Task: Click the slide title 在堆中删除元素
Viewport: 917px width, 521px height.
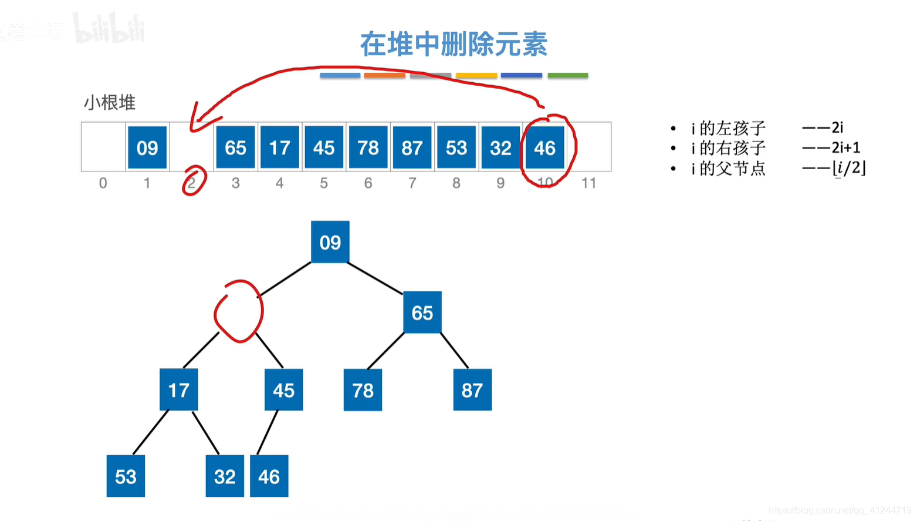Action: click(453, 45)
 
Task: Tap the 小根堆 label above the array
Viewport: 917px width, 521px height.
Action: click(110, 103)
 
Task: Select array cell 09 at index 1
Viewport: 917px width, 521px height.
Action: click(147, 147)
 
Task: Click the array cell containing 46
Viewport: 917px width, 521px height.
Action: click(544, 147)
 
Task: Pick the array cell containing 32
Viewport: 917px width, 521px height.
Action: click(500, 147)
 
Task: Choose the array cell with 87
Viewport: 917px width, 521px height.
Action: click(412, 147)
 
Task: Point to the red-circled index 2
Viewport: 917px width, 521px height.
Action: click(192, 183)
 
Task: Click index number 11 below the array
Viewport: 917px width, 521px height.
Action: click(588, 183)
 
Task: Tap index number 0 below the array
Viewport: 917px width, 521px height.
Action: click(103, 183)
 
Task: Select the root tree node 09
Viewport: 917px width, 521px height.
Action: click(330, 242)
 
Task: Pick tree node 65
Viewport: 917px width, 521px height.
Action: click(422, 312)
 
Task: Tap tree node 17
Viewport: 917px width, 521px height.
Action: click(178, 390)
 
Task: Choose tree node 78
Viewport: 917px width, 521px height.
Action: click(363, 390)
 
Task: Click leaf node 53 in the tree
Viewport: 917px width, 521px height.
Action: click(126, 476)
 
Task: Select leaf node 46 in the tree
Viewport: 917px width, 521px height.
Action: click(269, 476)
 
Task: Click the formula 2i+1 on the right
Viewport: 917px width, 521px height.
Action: click(845, 147)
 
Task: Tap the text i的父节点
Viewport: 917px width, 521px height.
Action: click(728, 169)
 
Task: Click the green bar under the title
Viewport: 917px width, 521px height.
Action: click(567, 75)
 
